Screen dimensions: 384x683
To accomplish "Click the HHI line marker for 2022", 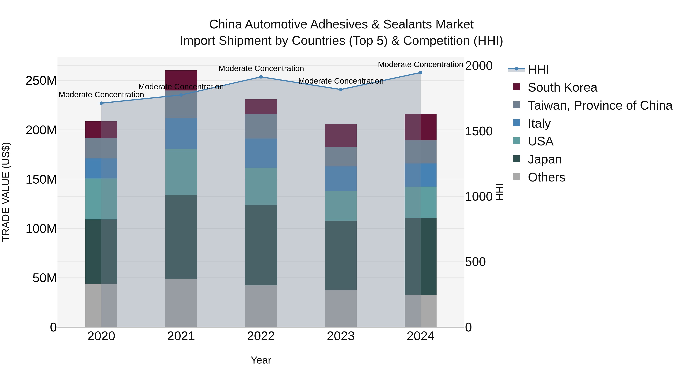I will point(261,77).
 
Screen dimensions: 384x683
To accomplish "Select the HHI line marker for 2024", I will point(420,73).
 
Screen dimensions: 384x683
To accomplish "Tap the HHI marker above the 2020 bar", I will point(101,103).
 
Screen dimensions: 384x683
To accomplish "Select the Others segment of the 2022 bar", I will point(261,306).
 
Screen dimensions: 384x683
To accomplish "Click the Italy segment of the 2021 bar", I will point(181,133).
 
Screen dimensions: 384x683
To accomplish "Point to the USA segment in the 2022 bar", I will point(261,186).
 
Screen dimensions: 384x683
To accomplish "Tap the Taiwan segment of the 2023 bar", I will point(341,156).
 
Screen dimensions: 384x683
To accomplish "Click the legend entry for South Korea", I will point(562,87).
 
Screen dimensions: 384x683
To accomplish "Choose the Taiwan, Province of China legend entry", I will point(600,105).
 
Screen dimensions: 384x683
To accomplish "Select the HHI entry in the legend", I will point(538,69).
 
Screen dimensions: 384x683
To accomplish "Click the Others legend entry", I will point(546,177).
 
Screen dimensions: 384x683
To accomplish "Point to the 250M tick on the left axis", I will point(41,81).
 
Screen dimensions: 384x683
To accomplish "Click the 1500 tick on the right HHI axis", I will point(479,131).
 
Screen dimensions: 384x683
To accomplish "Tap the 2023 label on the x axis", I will point(341,336).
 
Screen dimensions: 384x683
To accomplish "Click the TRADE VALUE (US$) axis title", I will point(6,192).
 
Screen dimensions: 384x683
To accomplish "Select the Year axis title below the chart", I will point(261,360).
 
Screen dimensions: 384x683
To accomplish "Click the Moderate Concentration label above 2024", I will point(420,64).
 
